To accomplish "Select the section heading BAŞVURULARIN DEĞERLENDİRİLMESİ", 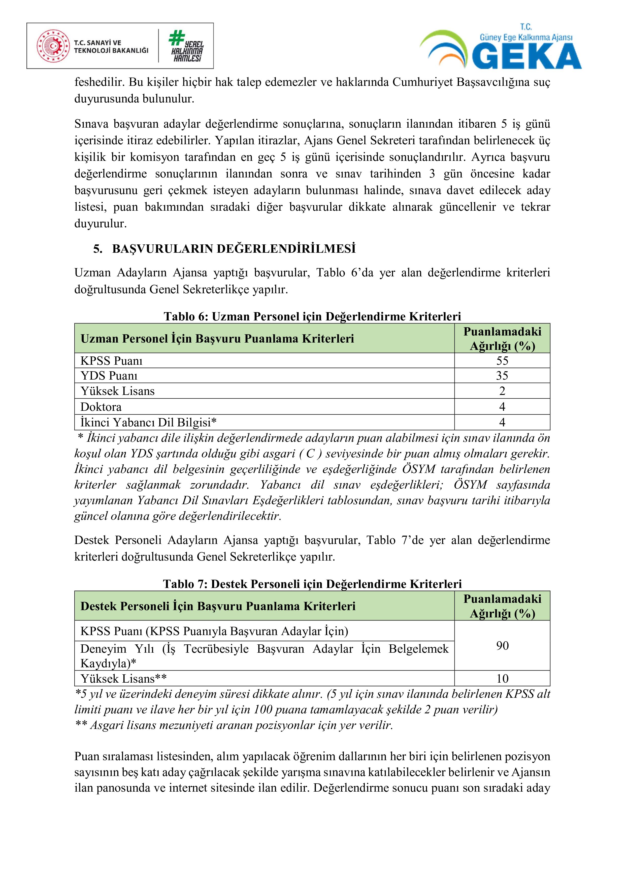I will coord(234,249).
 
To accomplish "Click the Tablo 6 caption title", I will coord(312,316).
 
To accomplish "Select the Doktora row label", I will coord(101,407).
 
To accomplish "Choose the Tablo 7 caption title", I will coord(312,584).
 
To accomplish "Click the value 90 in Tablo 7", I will coord(502,645).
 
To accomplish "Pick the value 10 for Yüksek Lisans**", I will coord(502,678).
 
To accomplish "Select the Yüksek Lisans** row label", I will coord(123,678).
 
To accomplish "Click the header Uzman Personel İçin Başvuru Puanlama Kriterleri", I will coord(217,339).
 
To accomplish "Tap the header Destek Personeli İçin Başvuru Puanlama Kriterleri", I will coord(218,606).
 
